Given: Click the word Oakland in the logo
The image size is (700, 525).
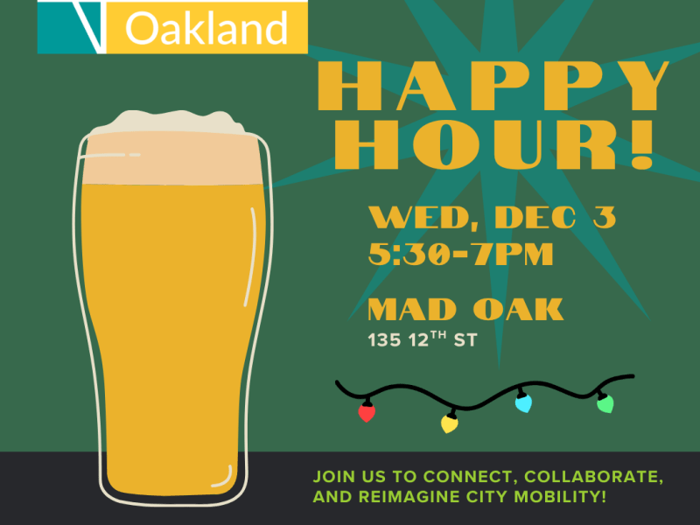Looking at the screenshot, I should tap(206, 29).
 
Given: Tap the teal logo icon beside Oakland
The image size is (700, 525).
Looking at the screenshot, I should tap(72, 26).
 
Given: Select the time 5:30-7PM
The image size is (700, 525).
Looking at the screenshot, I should tap(460, 254).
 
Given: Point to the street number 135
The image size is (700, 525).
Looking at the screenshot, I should tap(383, 340).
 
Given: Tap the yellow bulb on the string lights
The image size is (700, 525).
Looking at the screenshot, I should tap(450, 423).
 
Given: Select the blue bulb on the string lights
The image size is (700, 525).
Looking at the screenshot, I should tap(523, 402).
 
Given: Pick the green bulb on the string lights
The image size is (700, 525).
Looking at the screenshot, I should tap(605, 403).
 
